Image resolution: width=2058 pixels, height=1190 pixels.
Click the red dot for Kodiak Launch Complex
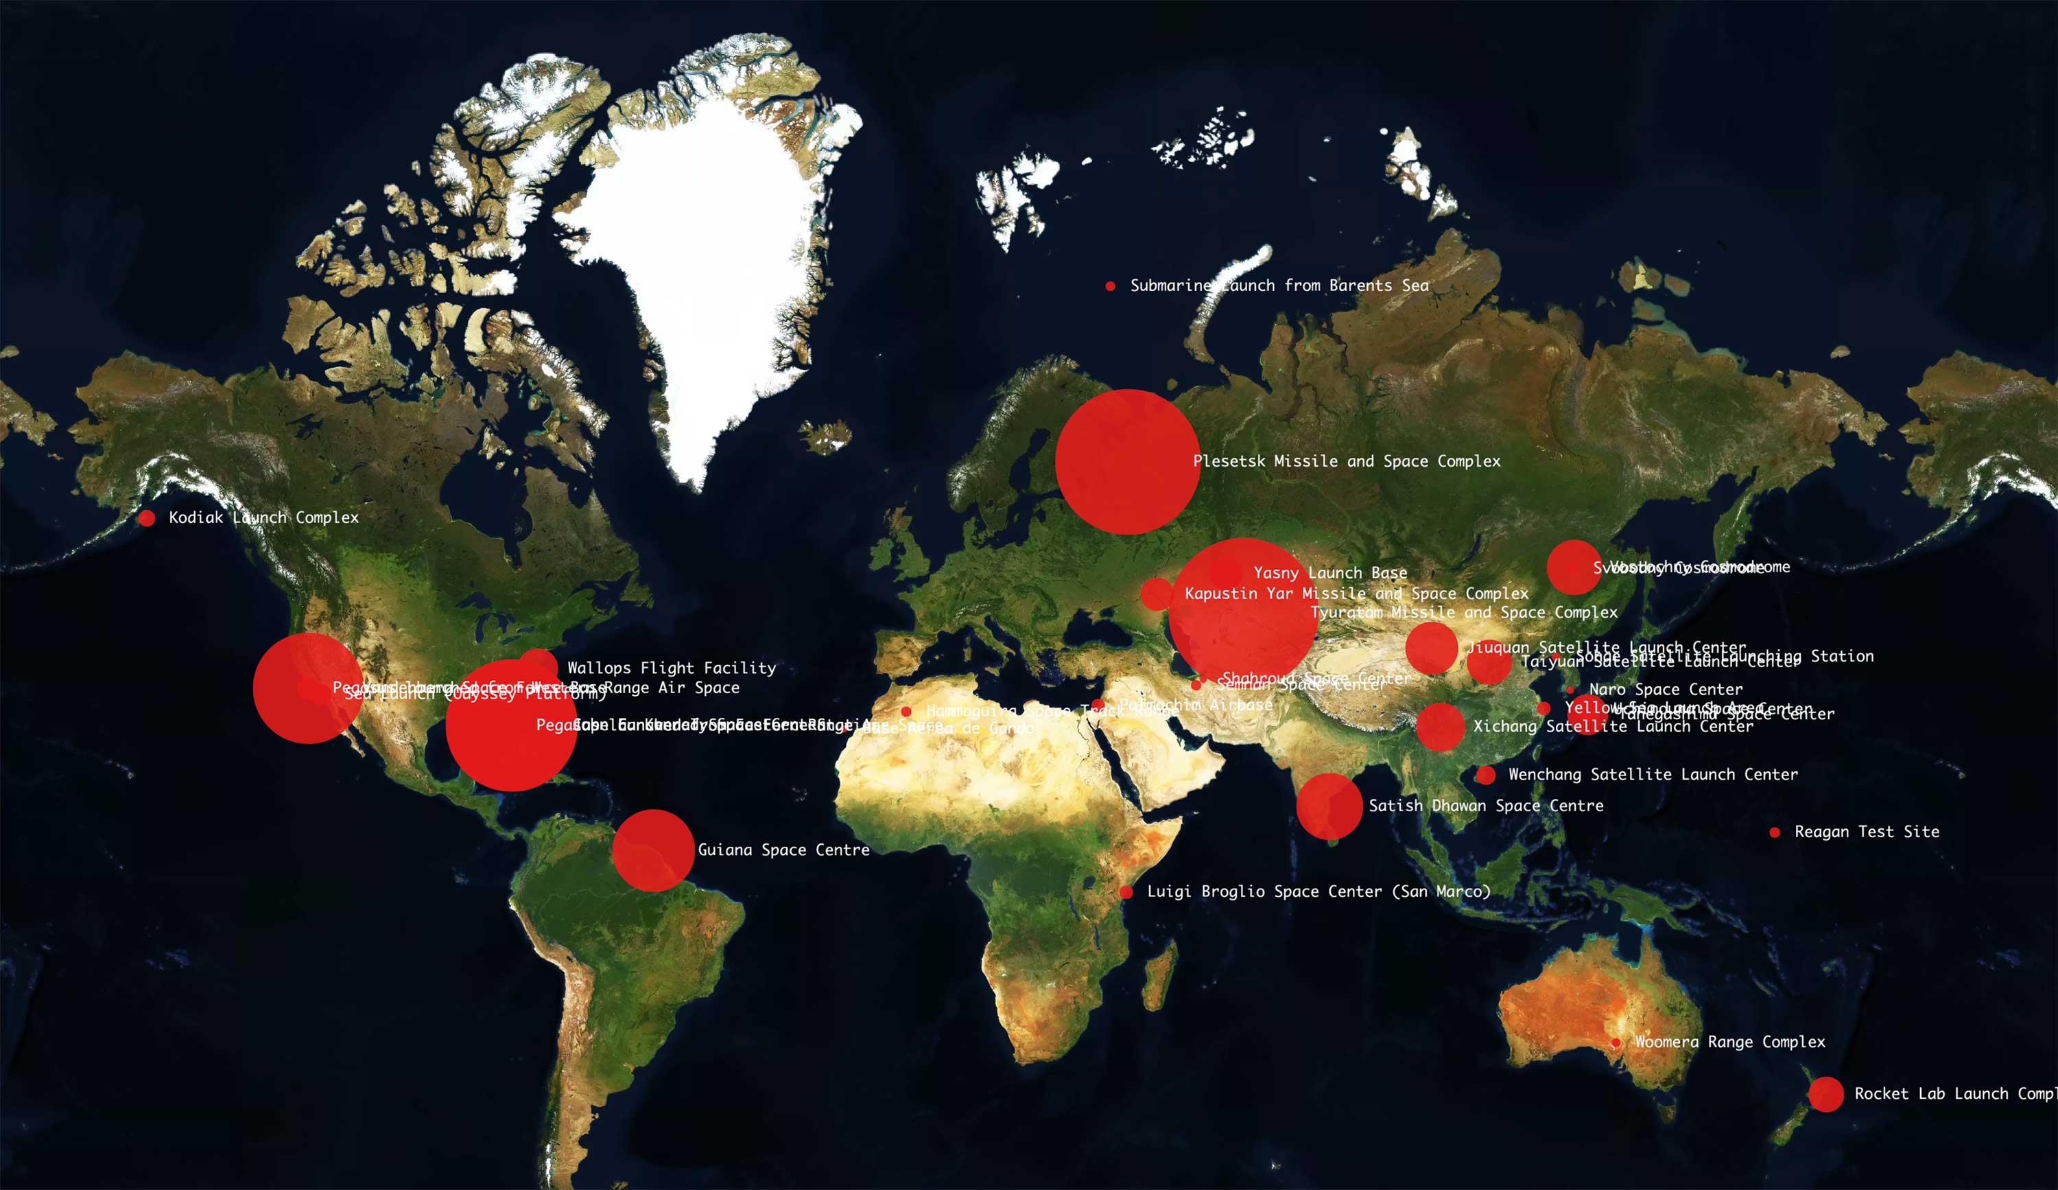pyautogui.click(x=147, y=518)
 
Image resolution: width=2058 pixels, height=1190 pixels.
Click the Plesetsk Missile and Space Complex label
pyautogui.click(x=1347, y=461)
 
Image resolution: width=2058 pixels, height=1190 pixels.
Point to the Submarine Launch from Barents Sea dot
pyautogui.click(x=1111, y=286)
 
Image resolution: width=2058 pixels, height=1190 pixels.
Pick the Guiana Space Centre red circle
pyautogui.click(x=652, y=850)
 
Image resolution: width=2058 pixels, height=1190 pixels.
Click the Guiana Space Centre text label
pyautogui.click(x=783, y=850)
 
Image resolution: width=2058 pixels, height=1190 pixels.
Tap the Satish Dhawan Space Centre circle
pyautogui.click(x=1329, y=806)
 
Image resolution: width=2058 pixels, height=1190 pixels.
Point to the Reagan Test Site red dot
pyautogui.click(x=1775, y=832)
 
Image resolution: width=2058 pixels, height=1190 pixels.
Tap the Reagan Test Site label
pyautogui.click(x=1866, y=832)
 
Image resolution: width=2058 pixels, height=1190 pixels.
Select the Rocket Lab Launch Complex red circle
pyautogui.click(x=1826, y=1095)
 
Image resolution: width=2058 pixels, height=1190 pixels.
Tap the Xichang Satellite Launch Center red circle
pyautogui.click(x=1440, y=726)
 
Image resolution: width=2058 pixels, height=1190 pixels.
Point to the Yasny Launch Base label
pyautogui.click(x=1330, y=573)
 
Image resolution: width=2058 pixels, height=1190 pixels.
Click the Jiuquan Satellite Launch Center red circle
pyautogui.click(x=1431, y=648)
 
